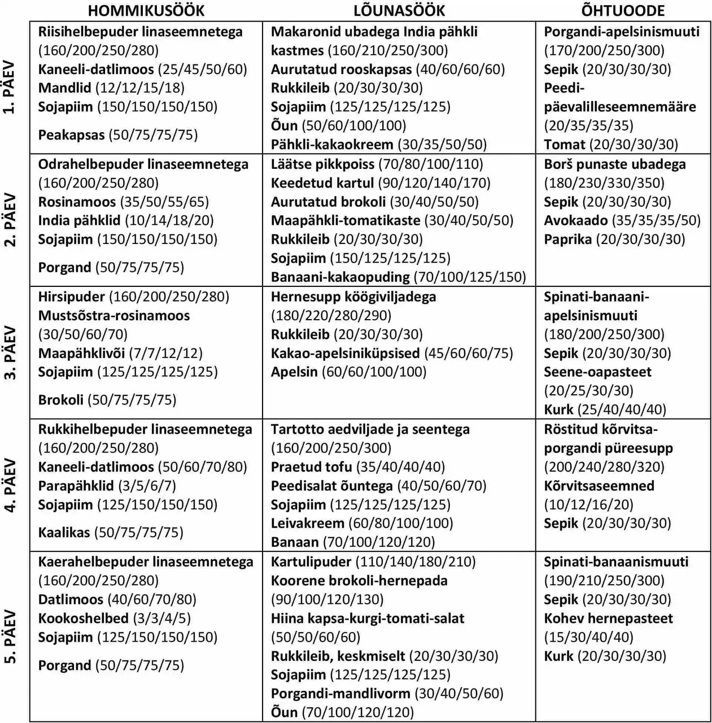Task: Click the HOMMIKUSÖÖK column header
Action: (x=146, y=10)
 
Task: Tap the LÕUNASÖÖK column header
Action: (x=399, y=10)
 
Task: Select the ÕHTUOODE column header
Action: (x=623, y=10)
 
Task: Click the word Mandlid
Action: (x=64, y=88)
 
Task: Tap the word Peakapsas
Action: (x=71, y=135)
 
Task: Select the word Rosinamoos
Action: (x=77, y=202)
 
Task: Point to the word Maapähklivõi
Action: (x=81, y=354)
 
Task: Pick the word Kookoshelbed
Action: (x=84, y=618)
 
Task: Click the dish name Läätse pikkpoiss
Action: (x=322, y=164)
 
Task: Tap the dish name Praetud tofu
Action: (x=311, y=467)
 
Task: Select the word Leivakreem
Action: (x=307, y=524)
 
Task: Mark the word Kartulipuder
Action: (x=311, y=562)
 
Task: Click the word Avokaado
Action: (x=576, y=220)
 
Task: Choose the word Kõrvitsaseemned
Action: (x=599, y=486)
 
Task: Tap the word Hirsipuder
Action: (x=72, y=297)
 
